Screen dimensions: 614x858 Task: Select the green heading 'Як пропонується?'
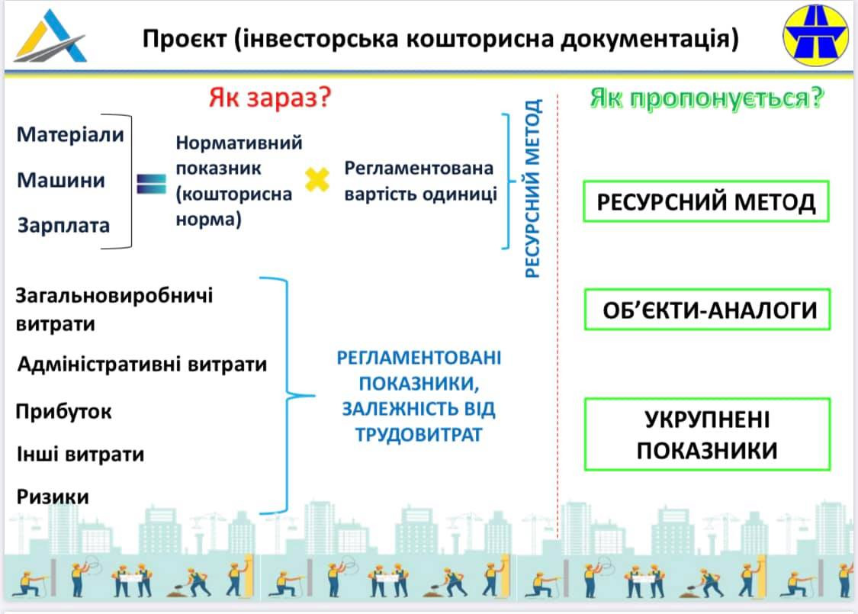pos(707,98)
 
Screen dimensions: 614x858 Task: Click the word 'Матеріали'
pos(70,135)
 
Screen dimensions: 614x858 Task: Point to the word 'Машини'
pos(61,181)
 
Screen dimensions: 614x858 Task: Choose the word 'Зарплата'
pos(63,226)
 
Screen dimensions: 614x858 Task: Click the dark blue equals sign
pos(151,183)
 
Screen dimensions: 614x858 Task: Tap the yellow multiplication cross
pos(317,180)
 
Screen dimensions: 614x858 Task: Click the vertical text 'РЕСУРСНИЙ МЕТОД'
pos(533,188)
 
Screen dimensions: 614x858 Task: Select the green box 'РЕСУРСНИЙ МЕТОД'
pos(705,202)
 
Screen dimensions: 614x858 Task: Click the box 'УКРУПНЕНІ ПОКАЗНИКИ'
pos(706,435)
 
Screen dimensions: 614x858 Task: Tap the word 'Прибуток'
pos(64,412)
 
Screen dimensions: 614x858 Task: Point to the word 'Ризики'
pos(53,497)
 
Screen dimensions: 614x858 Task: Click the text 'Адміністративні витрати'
pos(142,364)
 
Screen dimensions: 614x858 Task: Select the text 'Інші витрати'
pos(80,455)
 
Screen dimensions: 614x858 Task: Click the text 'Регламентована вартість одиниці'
pos(419,181)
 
